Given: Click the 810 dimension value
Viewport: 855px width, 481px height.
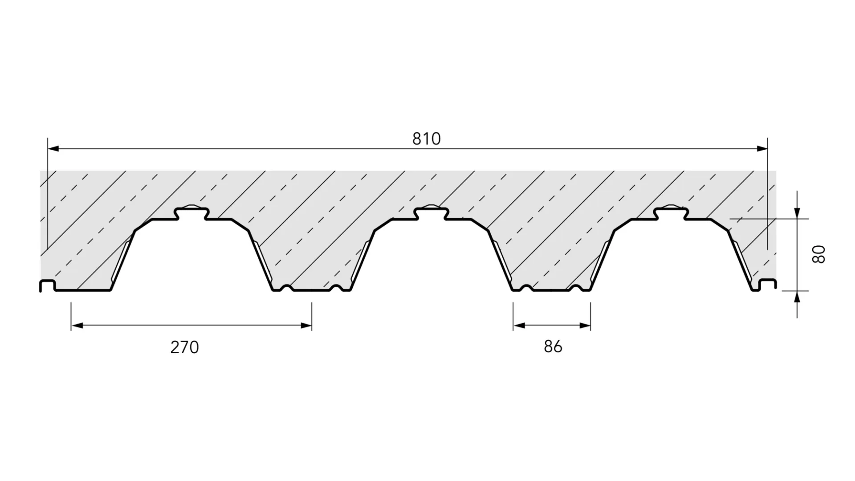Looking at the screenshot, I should click(x=426, y=139).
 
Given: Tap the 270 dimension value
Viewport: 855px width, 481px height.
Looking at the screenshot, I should click(x=184, y=347).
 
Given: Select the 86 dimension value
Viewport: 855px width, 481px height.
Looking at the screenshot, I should click(x=553, y=346).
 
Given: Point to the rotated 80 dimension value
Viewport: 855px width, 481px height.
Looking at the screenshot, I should click(x=818, y=254).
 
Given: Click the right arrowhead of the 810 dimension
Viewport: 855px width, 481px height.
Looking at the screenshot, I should click(x=762, y=149).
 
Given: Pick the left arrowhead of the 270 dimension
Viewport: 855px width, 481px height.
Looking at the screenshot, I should click(x=77, y=326).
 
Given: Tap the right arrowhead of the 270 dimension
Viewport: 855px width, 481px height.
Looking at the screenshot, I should click(x=306, y=326).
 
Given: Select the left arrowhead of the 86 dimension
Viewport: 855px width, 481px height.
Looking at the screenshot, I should click(x=519, y=326).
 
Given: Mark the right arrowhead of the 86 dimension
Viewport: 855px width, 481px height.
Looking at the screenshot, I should click(x=585, y=326).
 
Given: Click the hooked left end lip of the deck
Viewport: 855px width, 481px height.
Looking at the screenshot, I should click(x=47, y=285).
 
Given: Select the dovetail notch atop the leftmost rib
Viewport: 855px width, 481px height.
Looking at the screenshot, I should click(x=192, y=212).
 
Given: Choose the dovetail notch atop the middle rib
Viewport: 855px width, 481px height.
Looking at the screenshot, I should click(x=431, y=212).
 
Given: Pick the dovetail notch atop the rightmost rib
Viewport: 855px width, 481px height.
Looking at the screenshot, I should click(x=671, y=212).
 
